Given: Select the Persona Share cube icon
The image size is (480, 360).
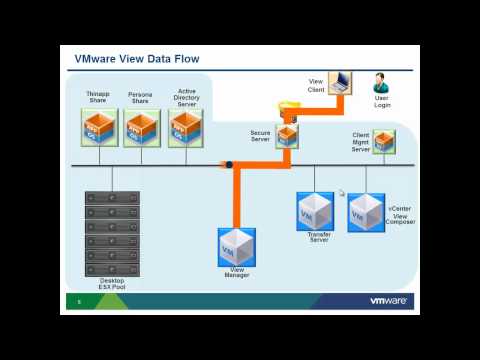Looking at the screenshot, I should tap(141, 128).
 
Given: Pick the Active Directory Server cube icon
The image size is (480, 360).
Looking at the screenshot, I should tap(186, 128).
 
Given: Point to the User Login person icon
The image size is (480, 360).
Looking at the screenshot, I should tap(381, 82).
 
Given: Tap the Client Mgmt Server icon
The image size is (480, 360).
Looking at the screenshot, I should tap(384, 141).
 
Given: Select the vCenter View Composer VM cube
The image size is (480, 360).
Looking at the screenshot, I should tap(365, 212).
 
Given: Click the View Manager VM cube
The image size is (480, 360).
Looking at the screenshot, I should tap(237, 247).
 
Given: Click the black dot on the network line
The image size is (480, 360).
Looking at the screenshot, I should tap(229, 165).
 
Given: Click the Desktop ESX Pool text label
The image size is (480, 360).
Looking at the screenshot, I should tap(112, 283).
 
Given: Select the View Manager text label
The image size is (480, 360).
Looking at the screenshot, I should tap(237, 274).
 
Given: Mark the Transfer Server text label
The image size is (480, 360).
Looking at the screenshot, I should tap(319, 237).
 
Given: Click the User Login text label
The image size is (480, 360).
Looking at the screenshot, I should tap(382, 102).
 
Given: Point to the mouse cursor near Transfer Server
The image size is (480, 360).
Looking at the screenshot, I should tap(341, 193).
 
